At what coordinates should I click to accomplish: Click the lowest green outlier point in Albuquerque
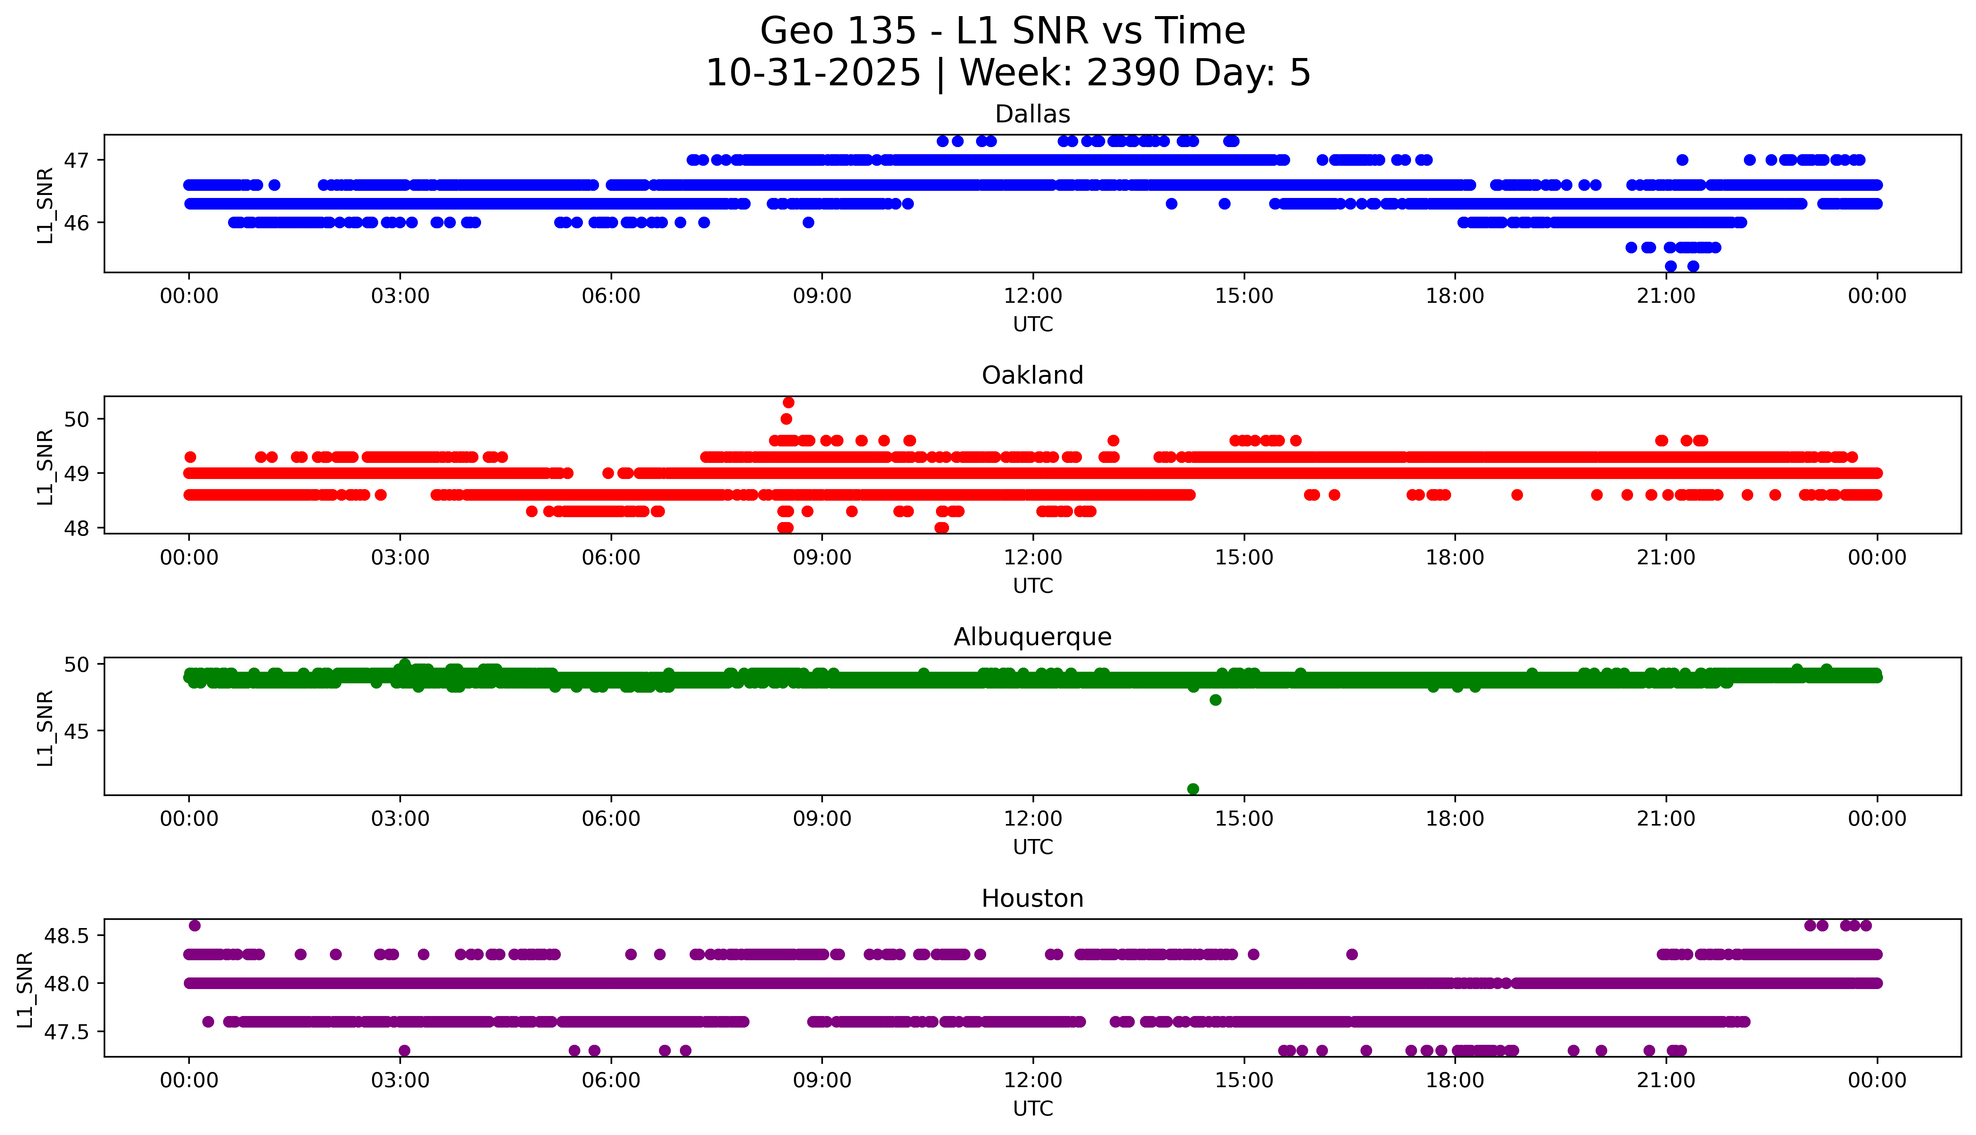click(x=1192, y=789)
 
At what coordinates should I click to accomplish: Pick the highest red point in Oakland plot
click(x=788, y=402)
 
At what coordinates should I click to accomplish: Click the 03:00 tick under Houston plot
click(x=400, y=1080)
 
